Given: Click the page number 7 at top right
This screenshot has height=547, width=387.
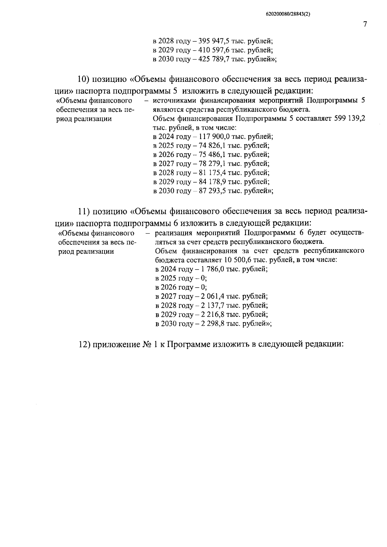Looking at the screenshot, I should (x=365, y=24).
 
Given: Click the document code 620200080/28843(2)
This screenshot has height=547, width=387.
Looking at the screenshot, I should (x=288, y=14).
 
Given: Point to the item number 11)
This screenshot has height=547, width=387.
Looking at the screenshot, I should (x=85, y=212).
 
